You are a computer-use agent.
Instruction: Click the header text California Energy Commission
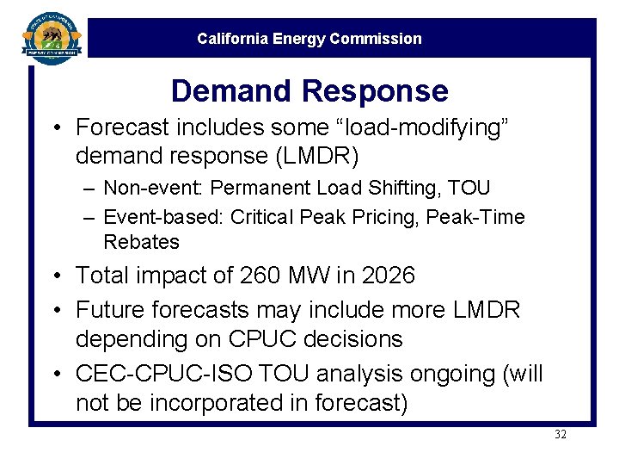[309, 39]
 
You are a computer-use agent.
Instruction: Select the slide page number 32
[561, 435]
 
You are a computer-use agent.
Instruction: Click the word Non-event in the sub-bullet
[153, 188]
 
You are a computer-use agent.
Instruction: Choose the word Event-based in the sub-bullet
[163, 218]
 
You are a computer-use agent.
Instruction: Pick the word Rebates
[141, 242]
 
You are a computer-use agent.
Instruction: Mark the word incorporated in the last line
[216, 403]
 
